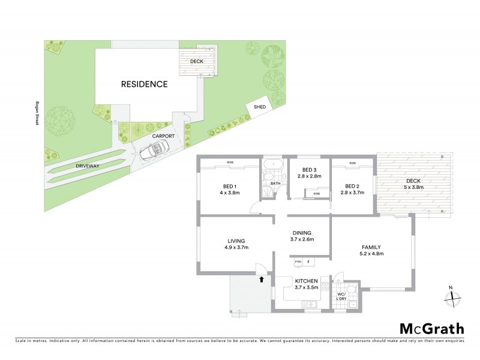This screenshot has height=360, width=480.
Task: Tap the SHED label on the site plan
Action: tap(260, 107)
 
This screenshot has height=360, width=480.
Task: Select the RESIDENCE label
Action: tap(145, 84)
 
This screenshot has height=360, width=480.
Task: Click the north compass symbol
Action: tap(451, 296)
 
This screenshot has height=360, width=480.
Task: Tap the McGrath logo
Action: tap(432, 328)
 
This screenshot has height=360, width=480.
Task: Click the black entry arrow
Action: tap(261, 278)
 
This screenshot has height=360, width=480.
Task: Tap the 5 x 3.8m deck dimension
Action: tap(413, 187)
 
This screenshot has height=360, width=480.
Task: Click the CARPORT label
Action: tap(163, 136)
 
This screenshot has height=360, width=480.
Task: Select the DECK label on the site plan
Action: tap(196, 61)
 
